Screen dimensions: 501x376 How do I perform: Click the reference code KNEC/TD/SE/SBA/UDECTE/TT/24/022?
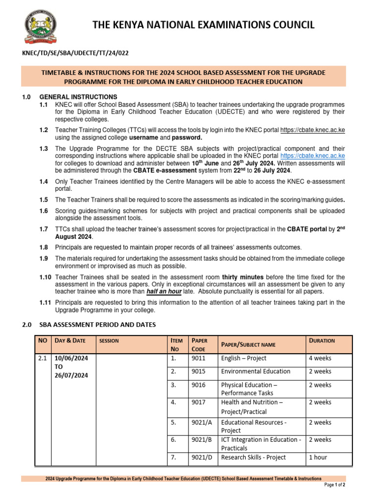[x=76, y=52]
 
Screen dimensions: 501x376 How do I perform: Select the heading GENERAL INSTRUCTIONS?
[x=78, y=97]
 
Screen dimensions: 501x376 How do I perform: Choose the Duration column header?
[x=322, y=341]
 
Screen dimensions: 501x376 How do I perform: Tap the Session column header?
[x=109, y=341]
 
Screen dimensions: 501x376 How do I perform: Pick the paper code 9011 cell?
[x=199, y=358]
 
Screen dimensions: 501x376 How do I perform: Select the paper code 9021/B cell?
[x=203, y=440]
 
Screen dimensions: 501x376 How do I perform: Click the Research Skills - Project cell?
[x=254, y=457]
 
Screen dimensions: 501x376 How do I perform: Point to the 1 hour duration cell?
[x=318, y=457]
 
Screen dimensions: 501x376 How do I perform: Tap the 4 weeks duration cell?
[x=320, y=358]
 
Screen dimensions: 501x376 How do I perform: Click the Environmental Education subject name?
[x=256, y=372]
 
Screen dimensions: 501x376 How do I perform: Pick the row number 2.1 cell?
[x=42, y=358]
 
